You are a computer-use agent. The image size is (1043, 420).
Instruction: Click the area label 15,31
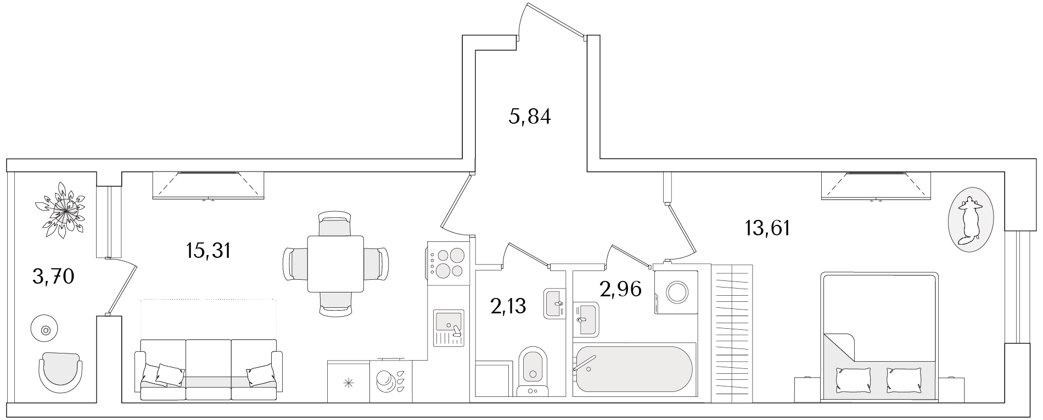[x=208, y=251]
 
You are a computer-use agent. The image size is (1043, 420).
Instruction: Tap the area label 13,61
[x=767, y=227]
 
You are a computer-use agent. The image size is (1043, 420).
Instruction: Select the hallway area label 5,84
[x=529, y=117]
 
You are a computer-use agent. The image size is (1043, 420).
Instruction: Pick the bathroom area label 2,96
[x=620, y=289]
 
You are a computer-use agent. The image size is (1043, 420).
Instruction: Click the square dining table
[x=335, y=264]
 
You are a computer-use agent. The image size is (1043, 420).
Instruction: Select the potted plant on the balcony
[x=61, y=209]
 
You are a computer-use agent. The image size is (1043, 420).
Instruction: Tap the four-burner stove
[x=448, y=263]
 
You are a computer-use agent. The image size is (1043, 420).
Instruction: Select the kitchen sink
[x=448, y=328]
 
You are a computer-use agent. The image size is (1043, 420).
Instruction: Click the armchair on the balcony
[x=60, y=371]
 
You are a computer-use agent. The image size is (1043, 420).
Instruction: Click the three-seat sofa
[x=208, y=369]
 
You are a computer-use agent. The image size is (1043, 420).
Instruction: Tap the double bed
[x=878, y=335]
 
